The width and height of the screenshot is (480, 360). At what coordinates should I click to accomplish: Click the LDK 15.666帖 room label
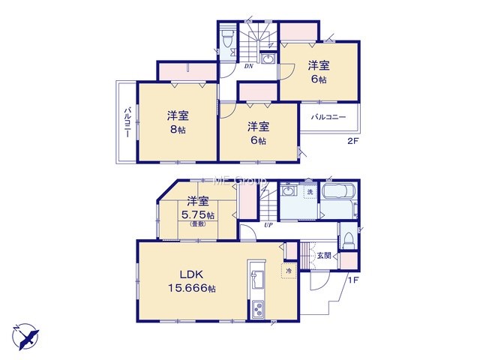pyautogui.click(x=192, y=281)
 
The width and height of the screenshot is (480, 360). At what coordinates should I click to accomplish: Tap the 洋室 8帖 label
pyautogui.click(x=178, y=122)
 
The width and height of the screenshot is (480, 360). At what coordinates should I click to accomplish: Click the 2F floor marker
pyautogui.click(x=352, y=142)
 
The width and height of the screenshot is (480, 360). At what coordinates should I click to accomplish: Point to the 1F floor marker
pyautogui.click(x=352, y=280)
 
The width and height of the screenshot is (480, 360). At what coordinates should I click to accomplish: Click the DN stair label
pyautogui.click(x=248, y=66)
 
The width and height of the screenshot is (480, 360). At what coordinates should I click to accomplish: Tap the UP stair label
pyautogui.click(x=268, y=226)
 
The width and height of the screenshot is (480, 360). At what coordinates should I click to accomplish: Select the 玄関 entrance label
pyautogui.click(x=324, y=255)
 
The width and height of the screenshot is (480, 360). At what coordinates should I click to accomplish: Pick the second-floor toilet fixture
pyautogui.click(x=227, y=37)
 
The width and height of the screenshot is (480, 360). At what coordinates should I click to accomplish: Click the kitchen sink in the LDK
pyautogui.click(x=257, y=280)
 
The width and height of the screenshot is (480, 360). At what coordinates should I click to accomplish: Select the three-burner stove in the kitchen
pyautogui.click(x=258, y=309)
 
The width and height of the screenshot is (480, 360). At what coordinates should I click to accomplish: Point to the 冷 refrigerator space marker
pyautogui.click(x=289, y=271)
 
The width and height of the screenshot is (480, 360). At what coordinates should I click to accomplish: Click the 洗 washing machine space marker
pyautogui.click(x=310, y=193)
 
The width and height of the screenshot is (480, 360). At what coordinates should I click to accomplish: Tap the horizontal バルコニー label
pyautogui.click(x=328, y=117)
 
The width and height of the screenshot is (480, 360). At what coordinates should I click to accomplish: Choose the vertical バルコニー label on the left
pyautogui.click(x=127, y=121)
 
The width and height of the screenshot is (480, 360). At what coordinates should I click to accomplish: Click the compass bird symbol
pyautogui.click(x=26, y=337)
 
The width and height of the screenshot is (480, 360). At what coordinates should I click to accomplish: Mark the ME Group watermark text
pyautogui.click(x=239, y=180)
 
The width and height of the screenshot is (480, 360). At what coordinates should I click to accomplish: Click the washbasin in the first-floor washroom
pyautogui.click(x=288, y=191)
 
